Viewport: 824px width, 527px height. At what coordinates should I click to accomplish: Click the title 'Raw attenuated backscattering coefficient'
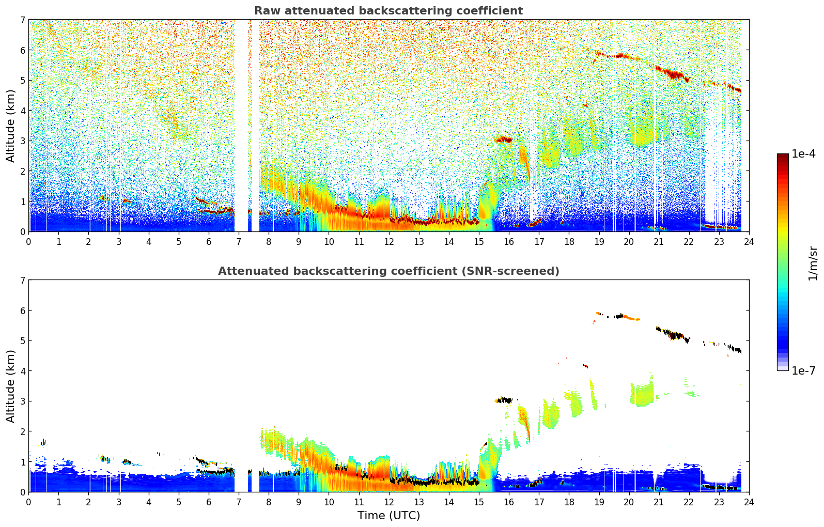(388, 11)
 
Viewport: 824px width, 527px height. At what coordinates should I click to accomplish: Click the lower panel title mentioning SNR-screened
(388, 271)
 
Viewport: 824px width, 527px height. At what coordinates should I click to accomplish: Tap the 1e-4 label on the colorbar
(803, 154)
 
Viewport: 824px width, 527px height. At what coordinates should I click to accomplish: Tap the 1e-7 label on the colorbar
(803, 370)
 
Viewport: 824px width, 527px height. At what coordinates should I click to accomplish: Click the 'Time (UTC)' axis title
(388, 515)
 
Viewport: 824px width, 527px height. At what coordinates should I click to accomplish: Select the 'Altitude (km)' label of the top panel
(10, 126)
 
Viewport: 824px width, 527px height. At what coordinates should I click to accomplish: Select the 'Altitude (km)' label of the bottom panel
(10, 386)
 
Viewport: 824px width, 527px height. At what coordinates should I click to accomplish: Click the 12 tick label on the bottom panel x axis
(389, 502)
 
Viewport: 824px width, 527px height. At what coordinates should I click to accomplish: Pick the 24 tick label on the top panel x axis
(749, 242)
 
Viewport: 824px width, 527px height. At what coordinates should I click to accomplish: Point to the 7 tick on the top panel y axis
(23, 20)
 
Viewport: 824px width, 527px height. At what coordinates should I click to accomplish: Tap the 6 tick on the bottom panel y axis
(23, 310)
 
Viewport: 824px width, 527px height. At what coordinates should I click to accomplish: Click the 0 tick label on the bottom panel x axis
(29, 502)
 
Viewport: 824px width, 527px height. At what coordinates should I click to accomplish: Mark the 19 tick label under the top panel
(599, 242)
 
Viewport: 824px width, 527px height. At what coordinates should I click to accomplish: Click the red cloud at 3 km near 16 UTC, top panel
(503, 139)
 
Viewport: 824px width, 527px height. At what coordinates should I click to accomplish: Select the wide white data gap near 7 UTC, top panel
(241, 126)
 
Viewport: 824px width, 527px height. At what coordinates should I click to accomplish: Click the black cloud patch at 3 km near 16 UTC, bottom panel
(505, 400)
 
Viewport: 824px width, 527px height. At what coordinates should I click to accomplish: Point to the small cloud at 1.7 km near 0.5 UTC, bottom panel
(44, 442)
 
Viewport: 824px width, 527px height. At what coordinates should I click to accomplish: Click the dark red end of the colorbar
(783, 156)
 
